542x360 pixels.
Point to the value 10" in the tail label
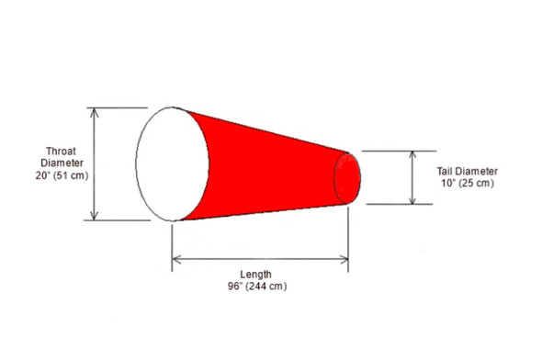(x=448, y=183)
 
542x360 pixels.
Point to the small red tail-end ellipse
(x=348, y=177)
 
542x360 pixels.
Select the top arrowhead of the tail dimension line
(x=411, y=153)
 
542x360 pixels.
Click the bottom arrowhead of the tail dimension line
(x=411, y=200)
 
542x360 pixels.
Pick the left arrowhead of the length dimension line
(x=176, y=260)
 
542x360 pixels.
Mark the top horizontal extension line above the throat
(x=119, y=107)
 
